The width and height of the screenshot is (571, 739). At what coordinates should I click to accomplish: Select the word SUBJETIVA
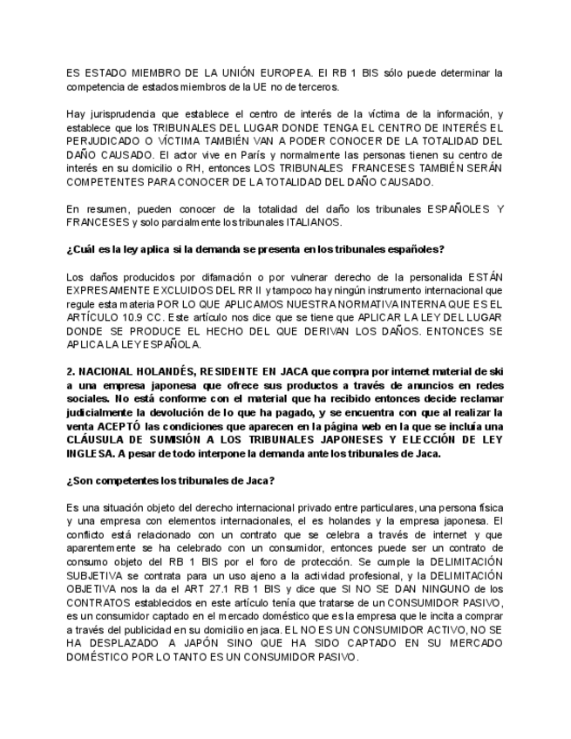pos(97,576)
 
